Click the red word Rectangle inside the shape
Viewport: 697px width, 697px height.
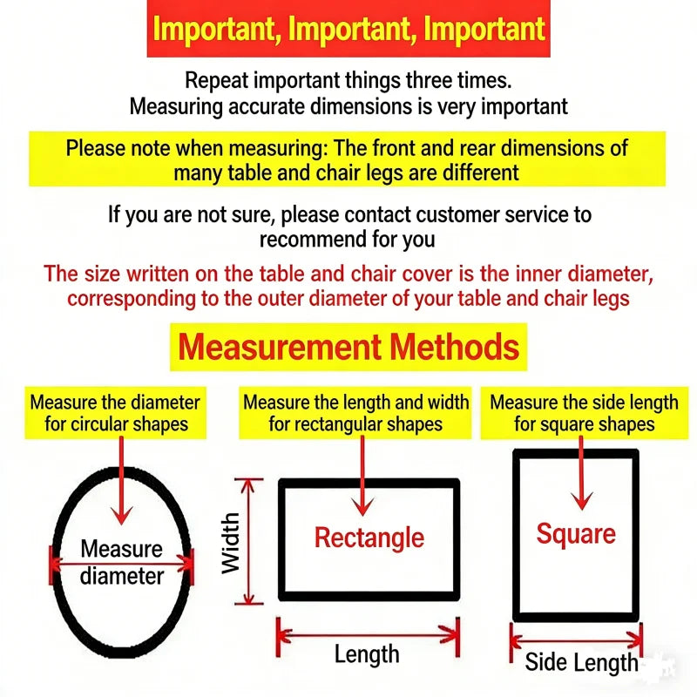369,538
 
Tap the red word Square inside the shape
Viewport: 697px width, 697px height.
576,533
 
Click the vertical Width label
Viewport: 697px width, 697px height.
230,543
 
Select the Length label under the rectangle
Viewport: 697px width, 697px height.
367,654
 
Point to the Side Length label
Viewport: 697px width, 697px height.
581,662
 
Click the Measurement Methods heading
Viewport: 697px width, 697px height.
348,347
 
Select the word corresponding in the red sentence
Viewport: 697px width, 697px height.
132,299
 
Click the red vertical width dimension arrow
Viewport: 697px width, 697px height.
249,541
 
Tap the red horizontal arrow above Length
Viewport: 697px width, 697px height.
368,636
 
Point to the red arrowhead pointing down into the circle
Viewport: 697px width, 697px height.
121,516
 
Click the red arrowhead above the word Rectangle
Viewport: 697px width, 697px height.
362,507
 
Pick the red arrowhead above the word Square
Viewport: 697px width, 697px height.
581,500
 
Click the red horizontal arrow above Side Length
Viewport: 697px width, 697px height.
576,641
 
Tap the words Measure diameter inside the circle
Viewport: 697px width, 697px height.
121,562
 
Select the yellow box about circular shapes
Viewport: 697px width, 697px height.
116,413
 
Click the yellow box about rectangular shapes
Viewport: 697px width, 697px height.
355,413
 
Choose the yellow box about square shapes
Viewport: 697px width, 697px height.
584,413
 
